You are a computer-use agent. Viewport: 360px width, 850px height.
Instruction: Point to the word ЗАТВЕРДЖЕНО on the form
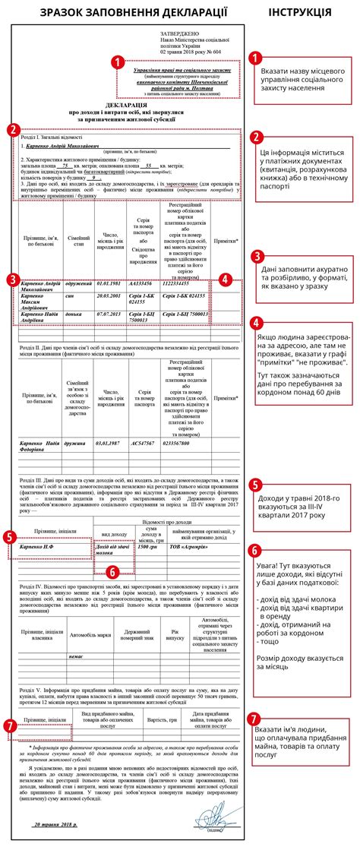tap(179, 34)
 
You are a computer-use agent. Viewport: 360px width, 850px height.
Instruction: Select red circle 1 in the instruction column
tap(257, 58)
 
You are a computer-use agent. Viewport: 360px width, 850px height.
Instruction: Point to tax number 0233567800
tap(176, 443)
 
